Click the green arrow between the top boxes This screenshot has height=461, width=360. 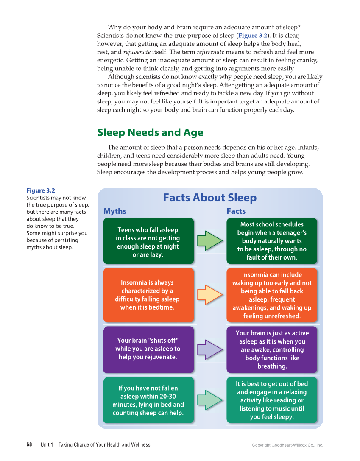(x=210, y=241)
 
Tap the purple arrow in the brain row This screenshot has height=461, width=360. (x=210, y=349)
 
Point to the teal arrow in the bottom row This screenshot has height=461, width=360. (x=210, y=400)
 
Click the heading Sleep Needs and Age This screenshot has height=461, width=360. (x=150, y=133)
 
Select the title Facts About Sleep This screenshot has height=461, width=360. (x=210, y=198)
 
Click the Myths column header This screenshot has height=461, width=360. (x=115, y=211)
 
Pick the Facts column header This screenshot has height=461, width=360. (x=236, y=211)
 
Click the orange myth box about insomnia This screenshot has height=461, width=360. (x=148, y=295)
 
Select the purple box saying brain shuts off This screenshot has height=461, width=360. (x=148, y=349)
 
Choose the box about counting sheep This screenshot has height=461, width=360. (x=148, y=400)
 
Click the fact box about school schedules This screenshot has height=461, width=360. (x=272, y=241)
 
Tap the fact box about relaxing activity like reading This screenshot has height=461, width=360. (x=272, y=400)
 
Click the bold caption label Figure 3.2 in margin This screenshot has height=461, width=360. (x=41, y=191)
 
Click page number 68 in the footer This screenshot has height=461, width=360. (x=29, y=445)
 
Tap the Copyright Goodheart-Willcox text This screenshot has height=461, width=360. (x=287, y=445)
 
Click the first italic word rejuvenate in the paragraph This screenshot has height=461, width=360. (x=137, y=52)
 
